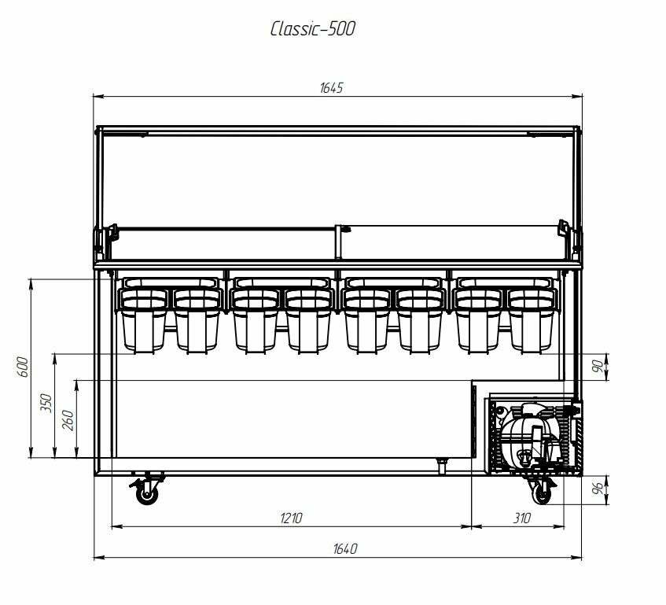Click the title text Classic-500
pyautogui.click(x=313, y=29)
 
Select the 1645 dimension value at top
pyautogui.click(x=331, y=88)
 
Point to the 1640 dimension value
pyautogui.click(x=345, y=549)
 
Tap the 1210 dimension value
pyautogui.click(x=291, y=518)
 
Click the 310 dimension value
pyautogui.click(x=522, y=518)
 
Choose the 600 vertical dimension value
pyautogui.click(x=24, y=367)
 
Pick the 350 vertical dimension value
pyautogui.click(x=46, y=403)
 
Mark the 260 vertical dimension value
pyautogui.click(x=68, y=420)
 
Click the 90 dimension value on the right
pyautogui.click(x=598, y=367)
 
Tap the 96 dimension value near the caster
pyautogui.click(x=598, y=489)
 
